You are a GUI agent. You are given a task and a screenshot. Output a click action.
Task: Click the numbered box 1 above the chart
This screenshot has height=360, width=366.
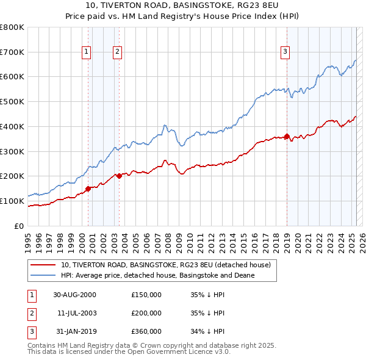point(87,52)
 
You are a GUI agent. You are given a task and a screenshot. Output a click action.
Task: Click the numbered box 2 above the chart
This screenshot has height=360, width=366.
point(117,52)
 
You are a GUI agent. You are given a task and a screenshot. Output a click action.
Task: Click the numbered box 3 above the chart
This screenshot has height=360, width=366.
point(285,52)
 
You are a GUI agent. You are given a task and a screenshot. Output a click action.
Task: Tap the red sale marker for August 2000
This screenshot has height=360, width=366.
point(88,189)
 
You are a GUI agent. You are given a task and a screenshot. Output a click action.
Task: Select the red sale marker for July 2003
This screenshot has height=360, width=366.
point(119,176)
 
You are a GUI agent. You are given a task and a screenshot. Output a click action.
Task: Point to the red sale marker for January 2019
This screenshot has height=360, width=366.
point(287,136)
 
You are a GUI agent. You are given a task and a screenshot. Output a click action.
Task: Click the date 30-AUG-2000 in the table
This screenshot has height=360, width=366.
point(74,294)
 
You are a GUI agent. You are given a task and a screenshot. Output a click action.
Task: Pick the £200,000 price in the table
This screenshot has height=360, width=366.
point(146,313)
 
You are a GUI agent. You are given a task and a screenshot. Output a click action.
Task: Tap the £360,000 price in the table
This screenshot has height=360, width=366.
point(146,332)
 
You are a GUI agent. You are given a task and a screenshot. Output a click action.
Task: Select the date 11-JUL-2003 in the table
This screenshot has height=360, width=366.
point(74,313)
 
